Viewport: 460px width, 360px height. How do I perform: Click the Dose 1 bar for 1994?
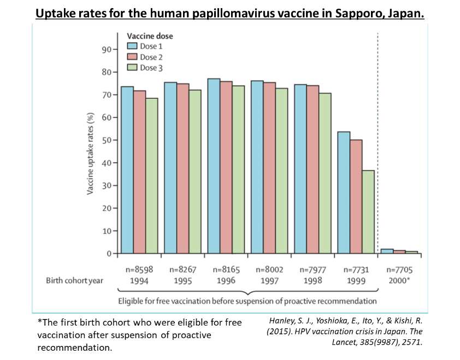coord(127,170)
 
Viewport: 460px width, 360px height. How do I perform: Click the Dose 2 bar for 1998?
coord(312,169)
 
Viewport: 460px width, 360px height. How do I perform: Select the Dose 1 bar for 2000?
coord(387,251)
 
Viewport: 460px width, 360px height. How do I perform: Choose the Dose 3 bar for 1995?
coord(195,172)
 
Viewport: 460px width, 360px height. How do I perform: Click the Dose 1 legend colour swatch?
coord(132,46)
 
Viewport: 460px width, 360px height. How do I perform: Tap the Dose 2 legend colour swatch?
coord(132,57)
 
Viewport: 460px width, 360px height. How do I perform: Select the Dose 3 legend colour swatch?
coord(132,68)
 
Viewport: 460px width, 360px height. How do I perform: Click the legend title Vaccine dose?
coord(150,36)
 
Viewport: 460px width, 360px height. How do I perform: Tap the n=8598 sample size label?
coord(139,269)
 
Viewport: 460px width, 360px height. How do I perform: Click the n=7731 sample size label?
coord(356,269)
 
